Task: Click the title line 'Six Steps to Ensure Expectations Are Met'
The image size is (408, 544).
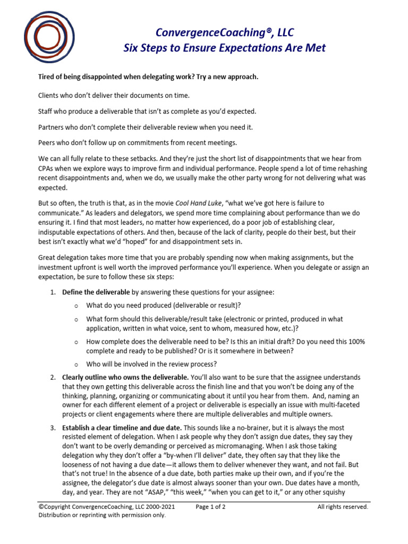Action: pos(225,48)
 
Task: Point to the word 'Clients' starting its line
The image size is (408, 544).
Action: pos(50,95)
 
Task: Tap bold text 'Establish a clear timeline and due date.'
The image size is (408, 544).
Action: pos(122,428)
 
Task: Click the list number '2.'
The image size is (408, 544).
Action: pos(54,377)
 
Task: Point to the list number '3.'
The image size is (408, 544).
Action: pos(54,428)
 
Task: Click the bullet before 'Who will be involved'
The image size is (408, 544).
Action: pos(76,364)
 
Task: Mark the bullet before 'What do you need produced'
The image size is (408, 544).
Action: pos(76,305)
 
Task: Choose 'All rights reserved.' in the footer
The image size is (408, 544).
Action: pos(343,507)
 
